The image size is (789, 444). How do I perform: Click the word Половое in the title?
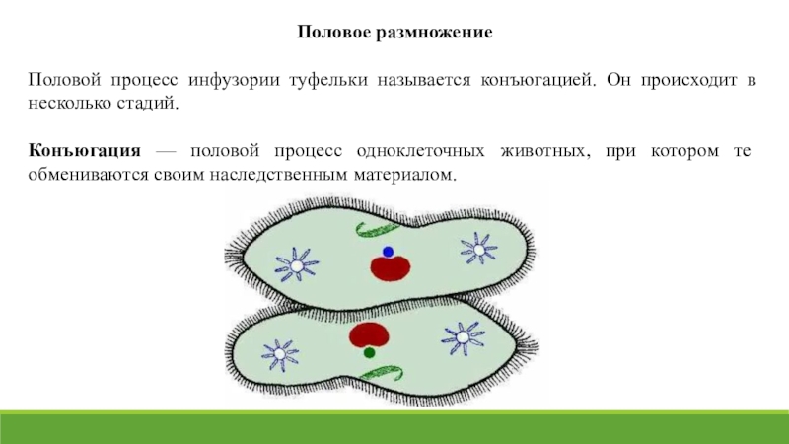pyautogui.click(x=333, y=32)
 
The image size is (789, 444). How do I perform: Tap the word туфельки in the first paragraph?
pyautogui.click(x=328, y=80)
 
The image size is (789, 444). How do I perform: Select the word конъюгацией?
pyautogui.click(x=538, y=80)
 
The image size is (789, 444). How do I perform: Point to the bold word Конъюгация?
pyautogui.click(x=85, y=151)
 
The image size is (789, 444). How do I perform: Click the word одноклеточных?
pyautogui.click(x=421, y=151)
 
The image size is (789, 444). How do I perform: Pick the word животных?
pyautogui.click(x=545, y=151)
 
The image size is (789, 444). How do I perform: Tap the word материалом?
pyautogui.click(x=405, y=175)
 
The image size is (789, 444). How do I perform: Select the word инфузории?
pyautogui.click(x=234, y=80)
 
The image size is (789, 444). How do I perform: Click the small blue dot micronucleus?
pyautogui.click(x=388, y=252)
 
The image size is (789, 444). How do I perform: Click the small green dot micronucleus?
pyautogui.click(x=369, y=353)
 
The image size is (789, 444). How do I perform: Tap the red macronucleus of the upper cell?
pyautogui.click(x=390, y=268)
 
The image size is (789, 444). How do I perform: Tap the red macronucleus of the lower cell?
pyautogui.click(x=369, y=334)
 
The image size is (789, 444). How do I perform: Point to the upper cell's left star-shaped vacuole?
pyautogui.click(x=297, y=264)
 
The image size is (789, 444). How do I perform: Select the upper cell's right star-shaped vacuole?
pyautogui.click(x=478, y=249)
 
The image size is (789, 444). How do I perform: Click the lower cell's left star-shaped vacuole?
pyautogui.click(x=280, y=354)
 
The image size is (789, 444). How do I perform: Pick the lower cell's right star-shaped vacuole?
pyautogui.click(x=463, y=337)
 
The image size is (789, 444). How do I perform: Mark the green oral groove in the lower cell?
pyautogui.click(x=382, y=374)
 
